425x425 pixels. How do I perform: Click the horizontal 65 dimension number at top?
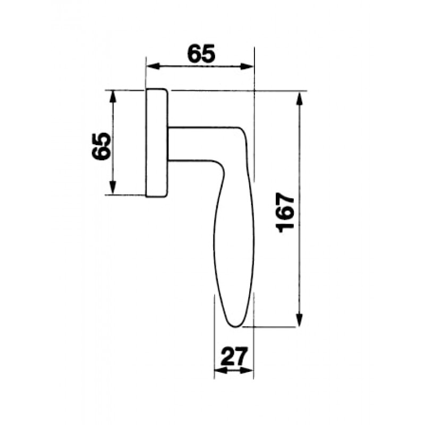(201, 53)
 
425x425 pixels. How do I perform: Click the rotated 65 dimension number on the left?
(101, 147)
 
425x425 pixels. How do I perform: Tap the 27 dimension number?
(234, 356)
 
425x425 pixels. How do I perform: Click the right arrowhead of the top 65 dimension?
(247, 66)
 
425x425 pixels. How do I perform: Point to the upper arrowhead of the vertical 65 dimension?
(113, 97)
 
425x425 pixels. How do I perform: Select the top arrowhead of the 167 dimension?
(299, 98)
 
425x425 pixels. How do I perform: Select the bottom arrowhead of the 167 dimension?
(299, 320)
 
